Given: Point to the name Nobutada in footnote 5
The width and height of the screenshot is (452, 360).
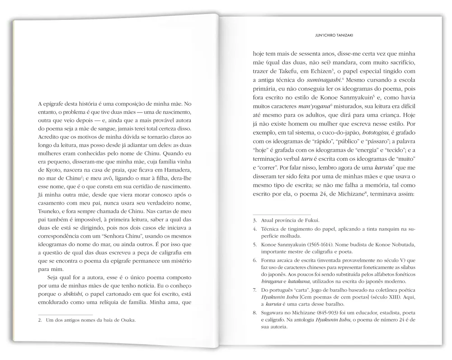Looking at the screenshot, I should point(401,244).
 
